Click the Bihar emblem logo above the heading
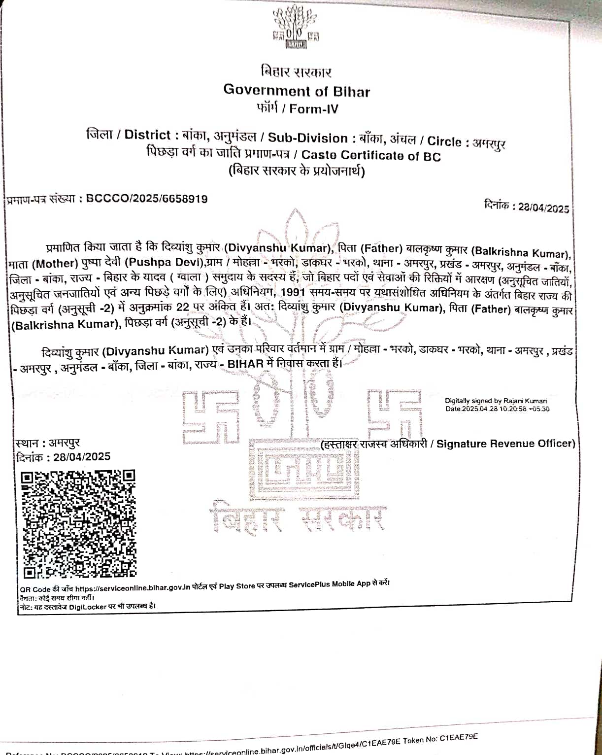pos(296,28)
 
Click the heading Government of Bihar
pos(297,91)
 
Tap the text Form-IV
pos(314,109)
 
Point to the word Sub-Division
pos(308,138)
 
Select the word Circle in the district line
pos(444,141)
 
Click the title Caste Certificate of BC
pos(371,156)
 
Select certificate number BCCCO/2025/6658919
pos(147,199)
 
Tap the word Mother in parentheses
pos(57,264)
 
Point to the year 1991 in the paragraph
pos(293,292)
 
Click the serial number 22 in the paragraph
pos(183,307)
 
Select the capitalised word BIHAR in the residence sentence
pos(245,364)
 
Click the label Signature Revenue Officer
pos(505,444)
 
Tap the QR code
pos(79,524)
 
